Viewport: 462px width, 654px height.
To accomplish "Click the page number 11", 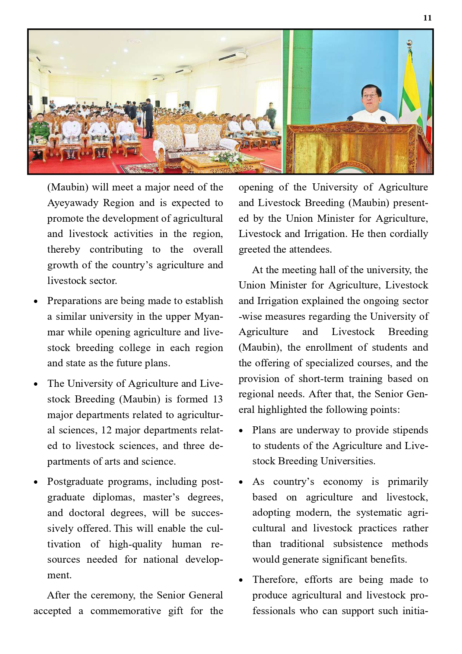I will click(x=427, y=18).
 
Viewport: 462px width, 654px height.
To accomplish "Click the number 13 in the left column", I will click(x=217, y=399).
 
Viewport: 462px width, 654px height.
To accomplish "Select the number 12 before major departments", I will click(x=106, y=430).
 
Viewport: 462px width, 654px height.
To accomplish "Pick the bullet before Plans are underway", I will click(x=241, y=431).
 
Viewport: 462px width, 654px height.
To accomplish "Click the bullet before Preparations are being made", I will click(x=36, y=301).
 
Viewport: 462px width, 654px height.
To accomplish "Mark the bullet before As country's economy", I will click(x=241, y=483).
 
